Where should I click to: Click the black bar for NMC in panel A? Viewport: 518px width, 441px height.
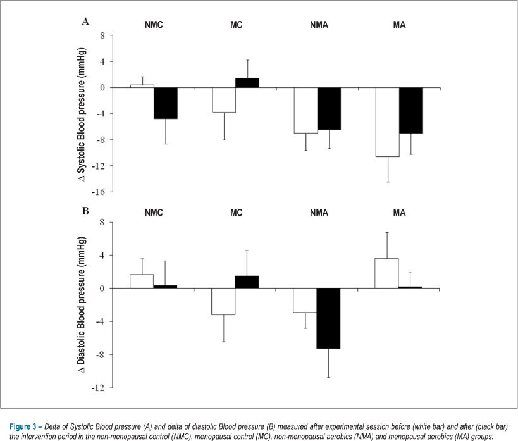click(166, 103)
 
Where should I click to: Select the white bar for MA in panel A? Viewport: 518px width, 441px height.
click(388, 122)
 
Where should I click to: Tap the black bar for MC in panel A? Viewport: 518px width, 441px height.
click(247, 83)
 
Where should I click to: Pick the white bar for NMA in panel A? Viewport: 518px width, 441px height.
click(306, 111)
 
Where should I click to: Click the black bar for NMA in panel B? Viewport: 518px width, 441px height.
click(328, 318)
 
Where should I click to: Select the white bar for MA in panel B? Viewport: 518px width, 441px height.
click(386, 273)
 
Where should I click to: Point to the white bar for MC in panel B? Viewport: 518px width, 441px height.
click(223, 302)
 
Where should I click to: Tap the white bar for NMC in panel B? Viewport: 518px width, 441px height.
click(142, 282)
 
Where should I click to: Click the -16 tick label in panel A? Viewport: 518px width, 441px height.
click(98, 192)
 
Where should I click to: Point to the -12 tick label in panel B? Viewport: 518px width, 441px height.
click(98, 388)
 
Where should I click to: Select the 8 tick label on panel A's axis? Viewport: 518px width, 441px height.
click(102, 35)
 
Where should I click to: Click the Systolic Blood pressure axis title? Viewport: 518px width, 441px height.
click(81, 115)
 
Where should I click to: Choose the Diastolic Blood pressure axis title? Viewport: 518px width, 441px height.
click(81, 305)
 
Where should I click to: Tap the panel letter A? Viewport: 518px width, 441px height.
click(85, 22)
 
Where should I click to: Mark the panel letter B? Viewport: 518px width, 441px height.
click(85, 211)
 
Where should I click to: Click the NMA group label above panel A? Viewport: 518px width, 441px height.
click(319, 25)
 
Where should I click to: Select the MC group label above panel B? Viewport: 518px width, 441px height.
click(237, 213)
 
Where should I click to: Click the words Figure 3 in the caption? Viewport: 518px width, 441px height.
click(23, 426)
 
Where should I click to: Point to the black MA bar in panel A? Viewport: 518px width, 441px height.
click(411, 111)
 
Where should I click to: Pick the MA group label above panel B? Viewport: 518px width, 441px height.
click(399, 213)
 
